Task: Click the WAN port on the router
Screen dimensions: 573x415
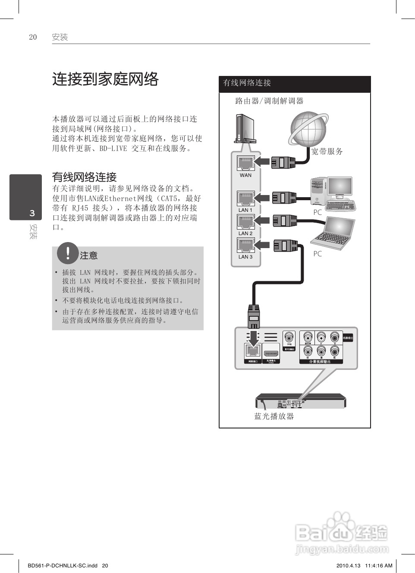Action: [x=245, y=164]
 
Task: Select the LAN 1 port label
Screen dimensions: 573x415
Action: [x=245, y=210]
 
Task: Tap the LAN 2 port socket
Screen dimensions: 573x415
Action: [x=245, y=222]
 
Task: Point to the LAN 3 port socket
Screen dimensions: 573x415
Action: [x=245, y=246]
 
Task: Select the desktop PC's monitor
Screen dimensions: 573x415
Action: [x=340, y=186]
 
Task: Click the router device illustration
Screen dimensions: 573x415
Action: [x=244, y=129]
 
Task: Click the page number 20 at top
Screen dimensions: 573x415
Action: [x=33, y=37]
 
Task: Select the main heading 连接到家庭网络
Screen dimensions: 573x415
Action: [x=105, y=79]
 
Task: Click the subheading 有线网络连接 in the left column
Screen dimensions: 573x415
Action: [x=85, y=177]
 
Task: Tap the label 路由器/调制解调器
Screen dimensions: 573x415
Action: [x=269, y=101]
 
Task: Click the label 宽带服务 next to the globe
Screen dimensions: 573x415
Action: [x=327, y=151]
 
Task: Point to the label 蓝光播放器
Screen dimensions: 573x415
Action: [x=274, y=416]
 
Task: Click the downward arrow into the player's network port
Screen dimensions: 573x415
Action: [x=253, y=338]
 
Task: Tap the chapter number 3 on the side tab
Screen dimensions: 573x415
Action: [x=32, y=213]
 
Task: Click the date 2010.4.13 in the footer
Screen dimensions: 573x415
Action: [x=348, y=565]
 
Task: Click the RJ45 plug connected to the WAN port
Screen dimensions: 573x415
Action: [x=283, y=163]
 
